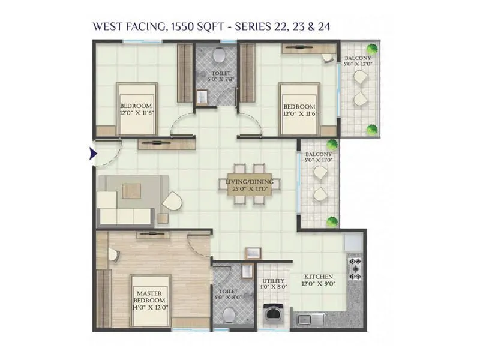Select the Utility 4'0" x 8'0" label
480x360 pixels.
tap(273, 283)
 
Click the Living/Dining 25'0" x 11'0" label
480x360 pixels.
tap(249, 185)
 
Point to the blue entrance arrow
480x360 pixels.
tap(93, 154)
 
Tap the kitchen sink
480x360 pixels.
tap(310, 319)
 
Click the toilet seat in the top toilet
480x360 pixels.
tap(218, 56)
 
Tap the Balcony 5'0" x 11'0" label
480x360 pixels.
tap(319, 157)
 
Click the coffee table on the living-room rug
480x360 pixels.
tap(131, 190)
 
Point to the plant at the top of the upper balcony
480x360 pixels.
tap(373, 49)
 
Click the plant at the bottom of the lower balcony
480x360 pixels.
tap(331, 222)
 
